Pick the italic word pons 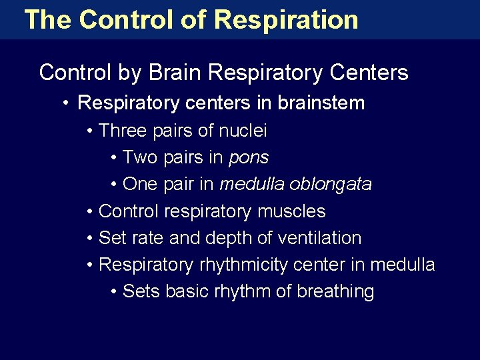(x=249, y=158)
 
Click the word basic (x=181, y=291)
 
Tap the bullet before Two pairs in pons (x=115, y=159)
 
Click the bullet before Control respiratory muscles (x=90, y=212)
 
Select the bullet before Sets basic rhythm (x=115, y=292)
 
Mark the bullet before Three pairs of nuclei (x=90, y=131)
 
